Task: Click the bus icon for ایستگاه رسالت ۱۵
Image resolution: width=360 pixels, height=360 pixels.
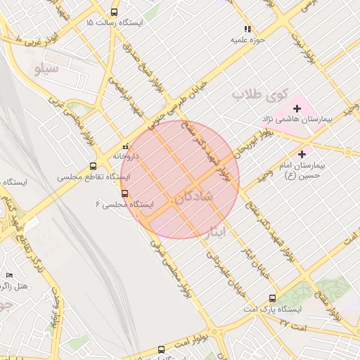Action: click(x=115, y=13)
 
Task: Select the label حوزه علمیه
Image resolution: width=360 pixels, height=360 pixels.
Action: click(x=247, y=40)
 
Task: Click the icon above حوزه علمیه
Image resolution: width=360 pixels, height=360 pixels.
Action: click(x=247, y=29)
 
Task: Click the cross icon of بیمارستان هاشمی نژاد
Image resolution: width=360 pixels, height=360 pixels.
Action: click(x=297, y=108)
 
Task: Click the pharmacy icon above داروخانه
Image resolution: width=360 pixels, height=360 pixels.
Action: click(x=126, y=146)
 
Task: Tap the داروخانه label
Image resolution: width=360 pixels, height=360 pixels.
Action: click(x=126, y=156)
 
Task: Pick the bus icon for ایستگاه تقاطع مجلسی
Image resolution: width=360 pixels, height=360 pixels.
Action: click(x=94, y=167)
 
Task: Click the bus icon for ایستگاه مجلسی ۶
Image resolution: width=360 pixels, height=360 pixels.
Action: click(x=125, y=193)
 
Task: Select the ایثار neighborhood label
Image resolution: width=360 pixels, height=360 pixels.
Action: click(x=217, y=230)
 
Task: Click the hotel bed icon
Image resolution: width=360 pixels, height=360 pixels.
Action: click(x=9, y=275)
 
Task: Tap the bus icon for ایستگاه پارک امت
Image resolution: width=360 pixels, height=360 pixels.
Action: click(x=272, y=298)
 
